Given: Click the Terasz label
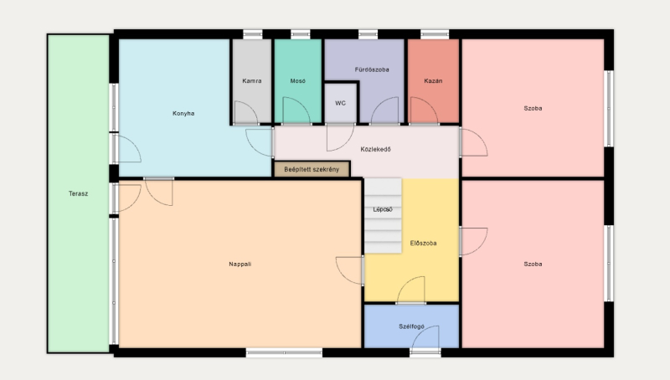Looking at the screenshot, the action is [78, 193].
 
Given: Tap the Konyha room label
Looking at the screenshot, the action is [183, 113].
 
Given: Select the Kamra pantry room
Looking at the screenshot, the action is [252, 80].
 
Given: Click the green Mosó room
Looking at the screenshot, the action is [298, 80].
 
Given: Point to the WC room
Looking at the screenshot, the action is [341, 103].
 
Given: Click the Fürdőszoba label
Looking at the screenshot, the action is [372, 69].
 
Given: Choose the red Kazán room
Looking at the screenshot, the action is [433, 80].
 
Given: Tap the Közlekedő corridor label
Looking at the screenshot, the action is [375, 150].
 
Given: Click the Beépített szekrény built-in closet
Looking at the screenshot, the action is [312, 169].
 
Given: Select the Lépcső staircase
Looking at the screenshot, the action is [383, 216].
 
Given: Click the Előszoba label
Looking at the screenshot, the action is [424, 244].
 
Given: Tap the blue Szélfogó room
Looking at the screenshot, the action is [411, 326].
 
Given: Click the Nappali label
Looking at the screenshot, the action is [240, 264].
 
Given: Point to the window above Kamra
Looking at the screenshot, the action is [253, 34].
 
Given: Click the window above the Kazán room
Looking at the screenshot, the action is [435, 34].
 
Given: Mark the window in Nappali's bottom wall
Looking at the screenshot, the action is [284, 352].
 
